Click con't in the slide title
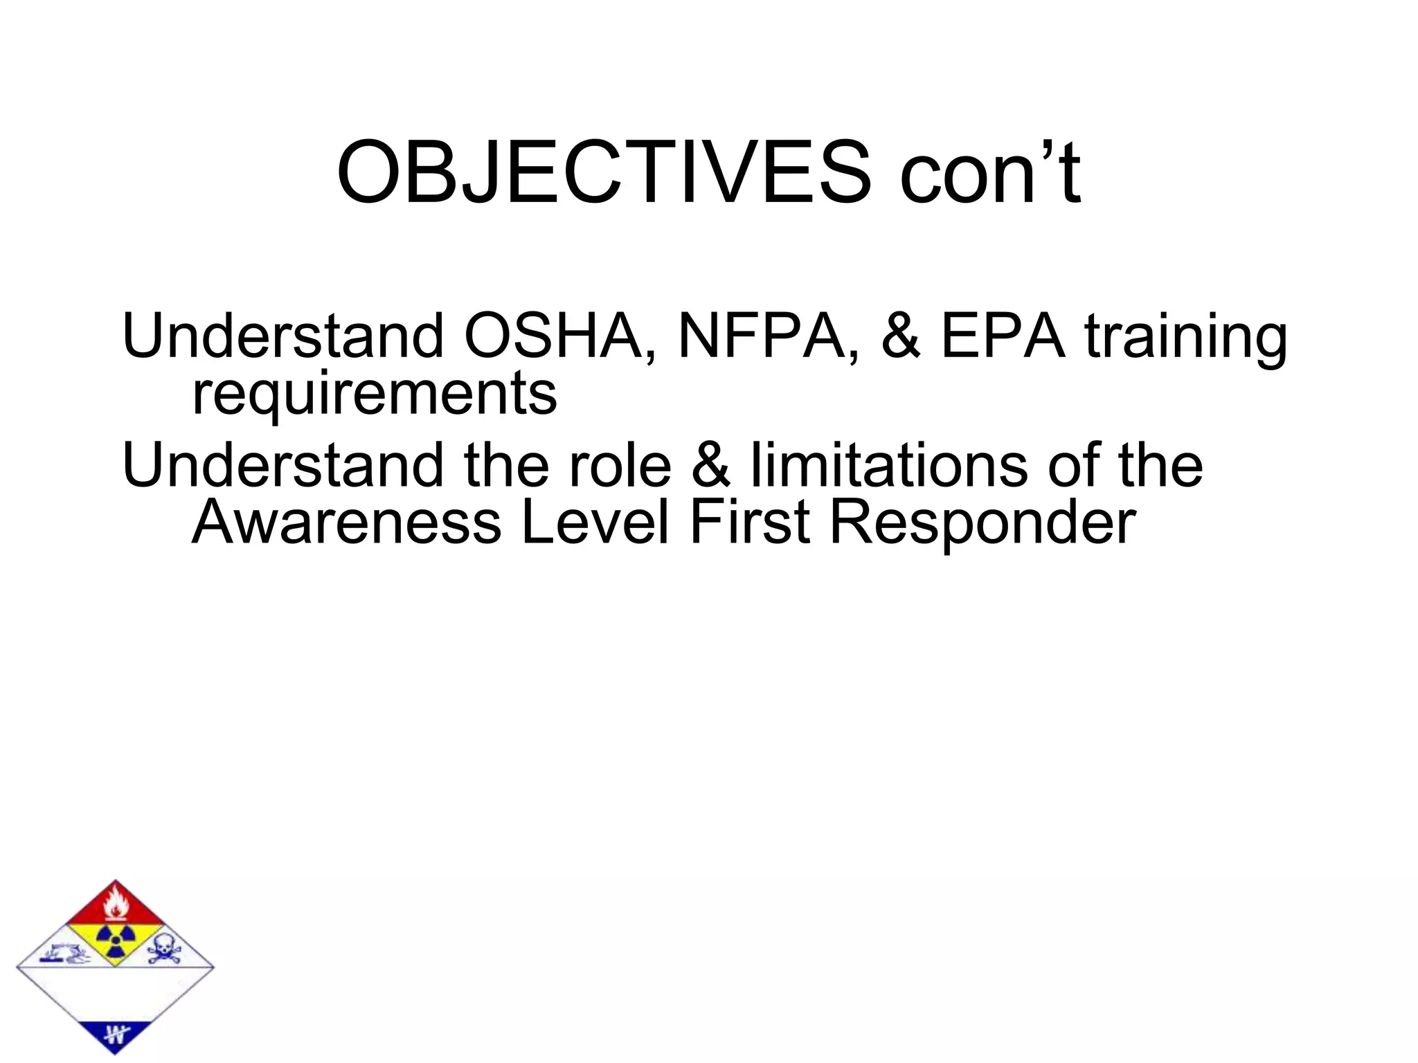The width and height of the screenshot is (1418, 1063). click(x=990, y=173)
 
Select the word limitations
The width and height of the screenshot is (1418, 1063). click(x=890, y=466)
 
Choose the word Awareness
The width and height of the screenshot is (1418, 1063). click(x=346, y=523)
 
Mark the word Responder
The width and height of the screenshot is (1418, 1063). click(x=982, y=523)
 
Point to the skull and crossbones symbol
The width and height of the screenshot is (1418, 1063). click(x=164, y=950)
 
